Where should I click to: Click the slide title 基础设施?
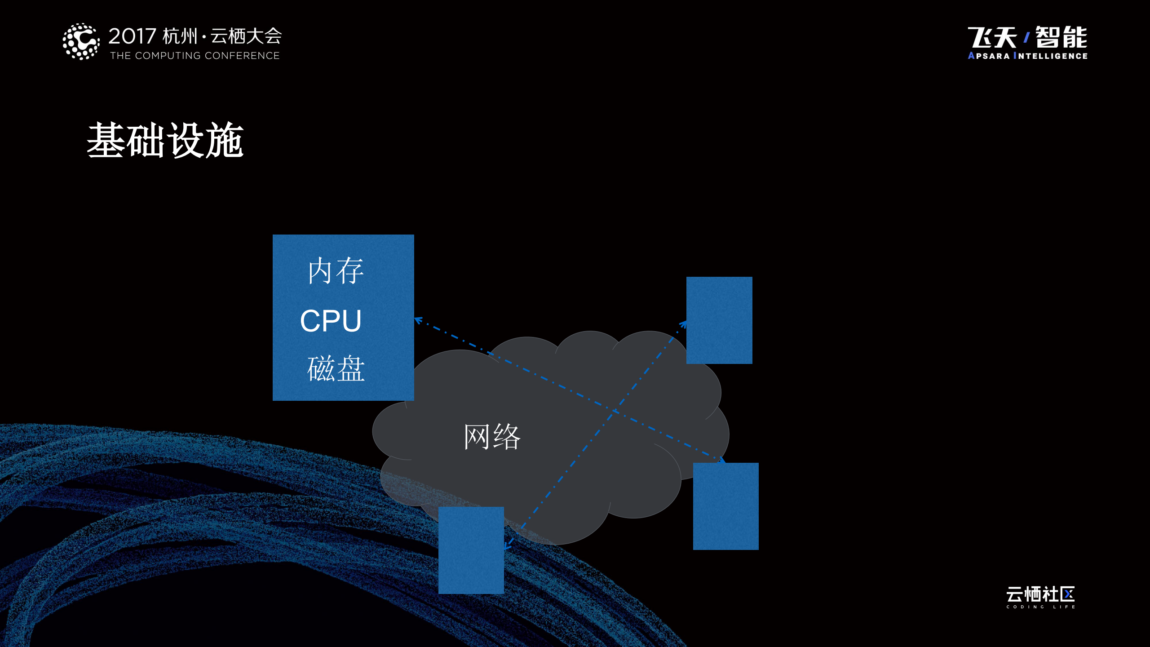click(x=165, y=140)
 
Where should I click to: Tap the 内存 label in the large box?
click(x=336, y=271)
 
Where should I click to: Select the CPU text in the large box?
click(x=331, y=321)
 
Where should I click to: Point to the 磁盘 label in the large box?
click(x=336, y=369)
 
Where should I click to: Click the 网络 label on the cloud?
click(x=492, y=437)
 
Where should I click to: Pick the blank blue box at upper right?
click(x=719, y=320)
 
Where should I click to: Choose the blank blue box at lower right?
click(x=725, y=506)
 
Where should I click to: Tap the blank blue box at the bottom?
click(x=471, y=550)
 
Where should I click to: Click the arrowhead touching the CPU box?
click(x=418, y=320)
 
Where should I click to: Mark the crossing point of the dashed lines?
click(x=615, y=410)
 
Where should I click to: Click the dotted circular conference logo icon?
click(x=81, y=41)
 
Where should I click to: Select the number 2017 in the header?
click(x=132, y=36)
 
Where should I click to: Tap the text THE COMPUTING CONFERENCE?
click(x=195, y=56)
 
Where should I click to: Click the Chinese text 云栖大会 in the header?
click(x=246, y=36)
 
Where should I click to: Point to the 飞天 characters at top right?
click(x=992, y=37)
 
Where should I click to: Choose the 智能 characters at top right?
click(x=1061, y=37)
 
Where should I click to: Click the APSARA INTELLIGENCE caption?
click(x=1027, y=56)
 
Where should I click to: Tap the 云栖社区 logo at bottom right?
click(x=1040, y=594)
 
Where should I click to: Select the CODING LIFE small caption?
click(x=1040, y=607)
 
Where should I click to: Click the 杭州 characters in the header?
click(x=180, y=36)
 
